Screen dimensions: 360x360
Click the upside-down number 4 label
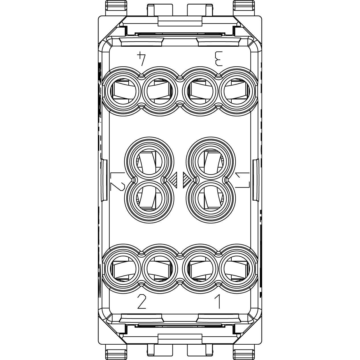[x=141, y=59]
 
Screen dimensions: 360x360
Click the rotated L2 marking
[x=117, y=181]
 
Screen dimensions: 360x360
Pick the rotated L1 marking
[x=242, y=180]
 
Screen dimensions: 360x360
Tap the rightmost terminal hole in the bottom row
[x=237, y=269]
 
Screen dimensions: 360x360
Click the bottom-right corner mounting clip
[x=244, y=351]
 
